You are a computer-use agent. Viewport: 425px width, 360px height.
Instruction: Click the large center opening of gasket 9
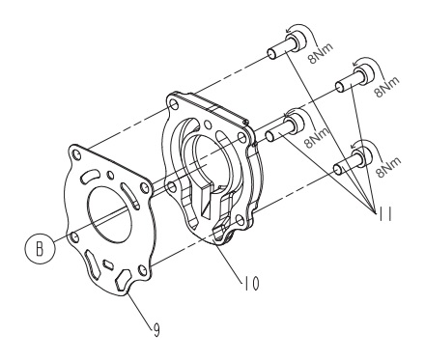coord(115,207)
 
